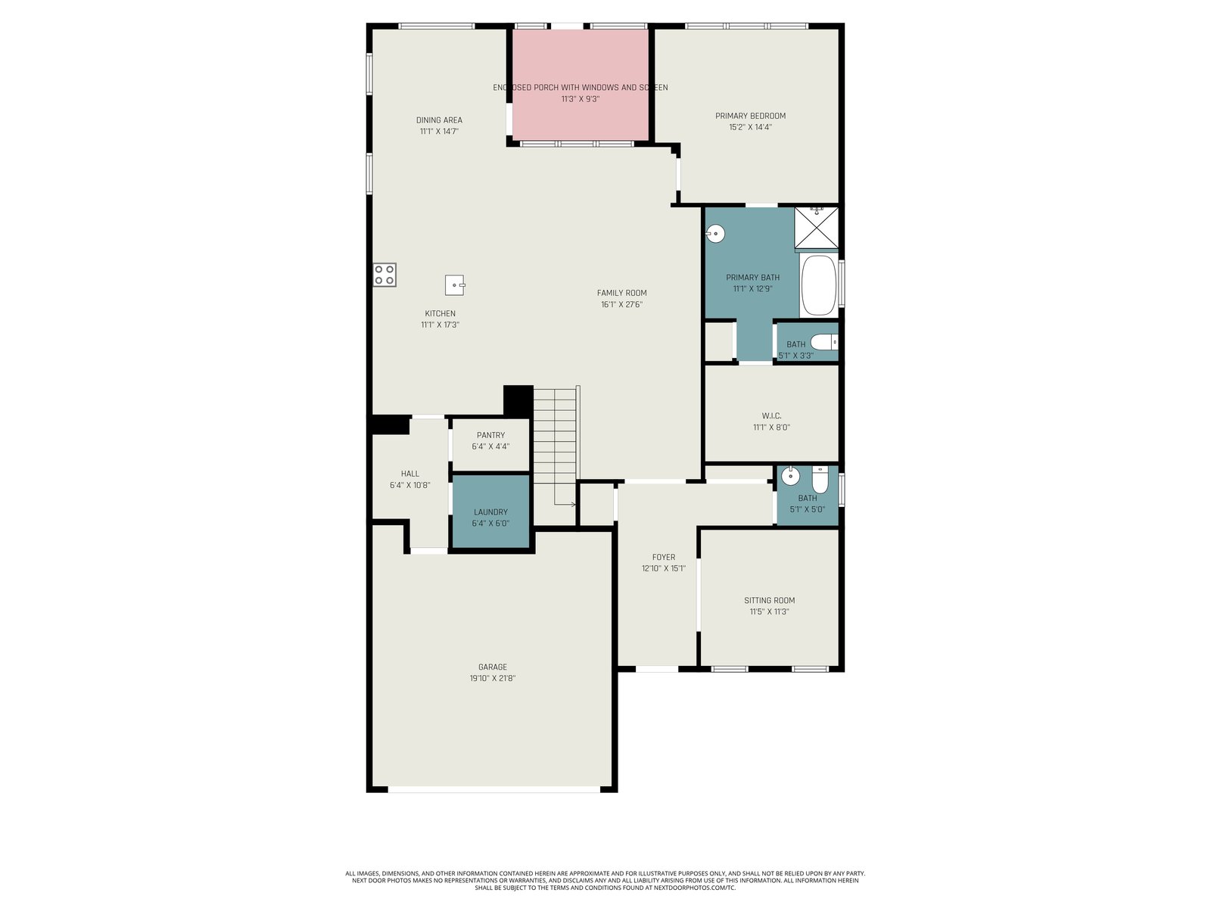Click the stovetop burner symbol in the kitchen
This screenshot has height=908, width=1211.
[x=384, y=275]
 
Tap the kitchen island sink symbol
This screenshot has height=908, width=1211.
[x=455, y=285]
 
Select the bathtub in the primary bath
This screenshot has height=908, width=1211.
[x=818, y=285]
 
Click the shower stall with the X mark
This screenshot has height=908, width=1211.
[x=816, y=228]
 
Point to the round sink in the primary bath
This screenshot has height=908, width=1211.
[x=715, y=234]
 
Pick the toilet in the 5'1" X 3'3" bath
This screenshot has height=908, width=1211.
[x=824, y=342]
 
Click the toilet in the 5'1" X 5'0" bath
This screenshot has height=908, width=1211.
[x=820, y=480]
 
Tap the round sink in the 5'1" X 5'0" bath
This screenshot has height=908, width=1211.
[x=791, y=475]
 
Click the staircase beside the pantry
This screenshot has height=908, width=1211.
[x=556, y=446]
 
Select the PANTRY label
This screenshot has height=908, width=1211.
[x=490, y=435]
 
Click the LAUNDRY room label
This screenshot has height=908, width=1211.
[x=490, y=512]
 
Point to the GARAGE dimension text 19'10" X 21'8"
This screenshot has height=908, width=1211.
[x=492, y=678]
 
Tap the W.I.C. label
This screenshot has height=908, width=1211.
[x=771, y=415]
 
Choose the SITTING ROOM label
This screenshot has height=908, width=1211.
[x=769, y=600]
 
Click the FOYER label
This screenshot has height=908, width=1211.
[x=663, y=558]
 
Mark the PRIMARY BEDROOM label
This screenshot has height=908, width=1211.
[x=750, y=116]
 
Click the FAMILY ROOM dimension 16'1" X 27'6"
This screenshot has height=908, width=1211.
[x=622, y=304]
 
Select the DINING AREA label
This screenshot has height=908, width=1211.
[x=439, y=120]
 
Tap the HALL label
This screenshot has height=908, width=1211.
[x=410, y=474]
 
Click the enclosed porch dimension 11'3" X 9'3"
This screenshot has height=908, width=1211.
[x=581, y=99]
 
